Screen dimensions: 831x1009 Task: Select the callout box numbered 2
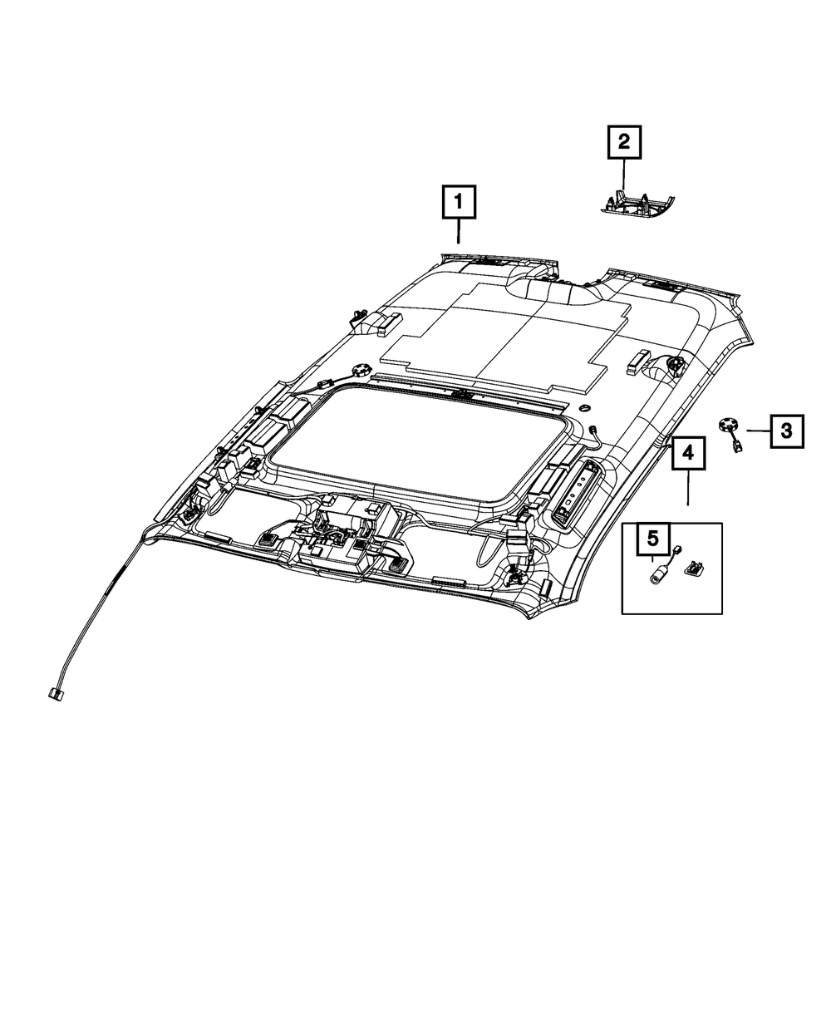pyautogui.click(x=624, y=143)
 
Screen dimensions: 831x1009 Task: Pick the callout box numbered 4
pyautogui.click(x=688, y=452)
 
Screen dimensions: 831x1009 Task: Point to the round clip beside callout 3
pyautogui.click(x=727, y=426)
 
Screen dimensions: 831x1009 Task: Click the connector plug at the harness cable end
pyautogui.click(x=56, y=692)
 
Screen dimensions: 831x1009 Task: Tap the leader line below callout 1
pyautogui.click(x=458, y=232)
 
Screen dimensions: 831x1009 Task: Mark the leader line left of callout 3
pyautogui.click(x=758, y=431)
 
